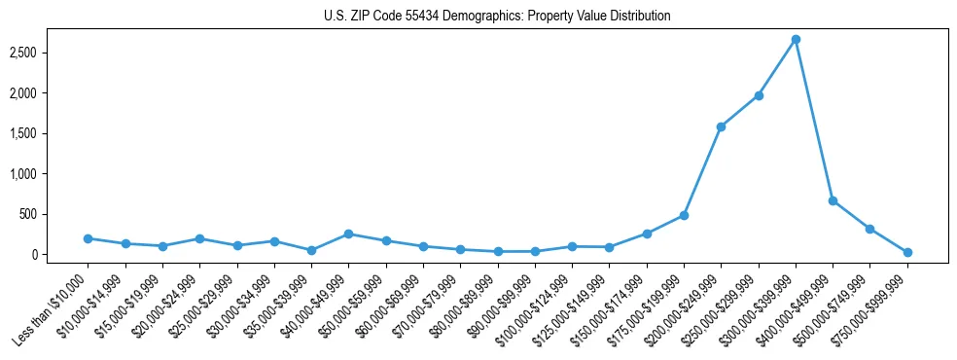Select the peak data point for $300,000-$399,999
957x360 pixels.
click(x=796, y=40)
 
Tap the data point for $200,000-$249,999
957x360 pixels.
click(x=721, y=126)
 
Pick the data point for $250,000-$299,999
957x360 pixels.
click(x=759, y=95)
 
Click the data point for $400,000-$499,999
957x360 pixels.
click(x=833, y=200)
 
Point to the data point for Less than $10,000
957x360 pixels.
click(x=88, y=238)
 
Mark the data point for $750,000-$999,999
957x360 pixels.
click(x=907, y=252)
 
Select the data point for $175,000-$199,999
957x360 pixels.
click(x=684, y=215)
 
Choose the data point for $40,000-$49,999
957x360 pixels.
click(x=348, y=234)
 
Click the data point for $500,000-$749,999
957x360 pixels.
click(x=870, y=229)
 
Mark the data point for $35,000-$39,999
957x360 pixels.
click(x=311, y=250)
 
